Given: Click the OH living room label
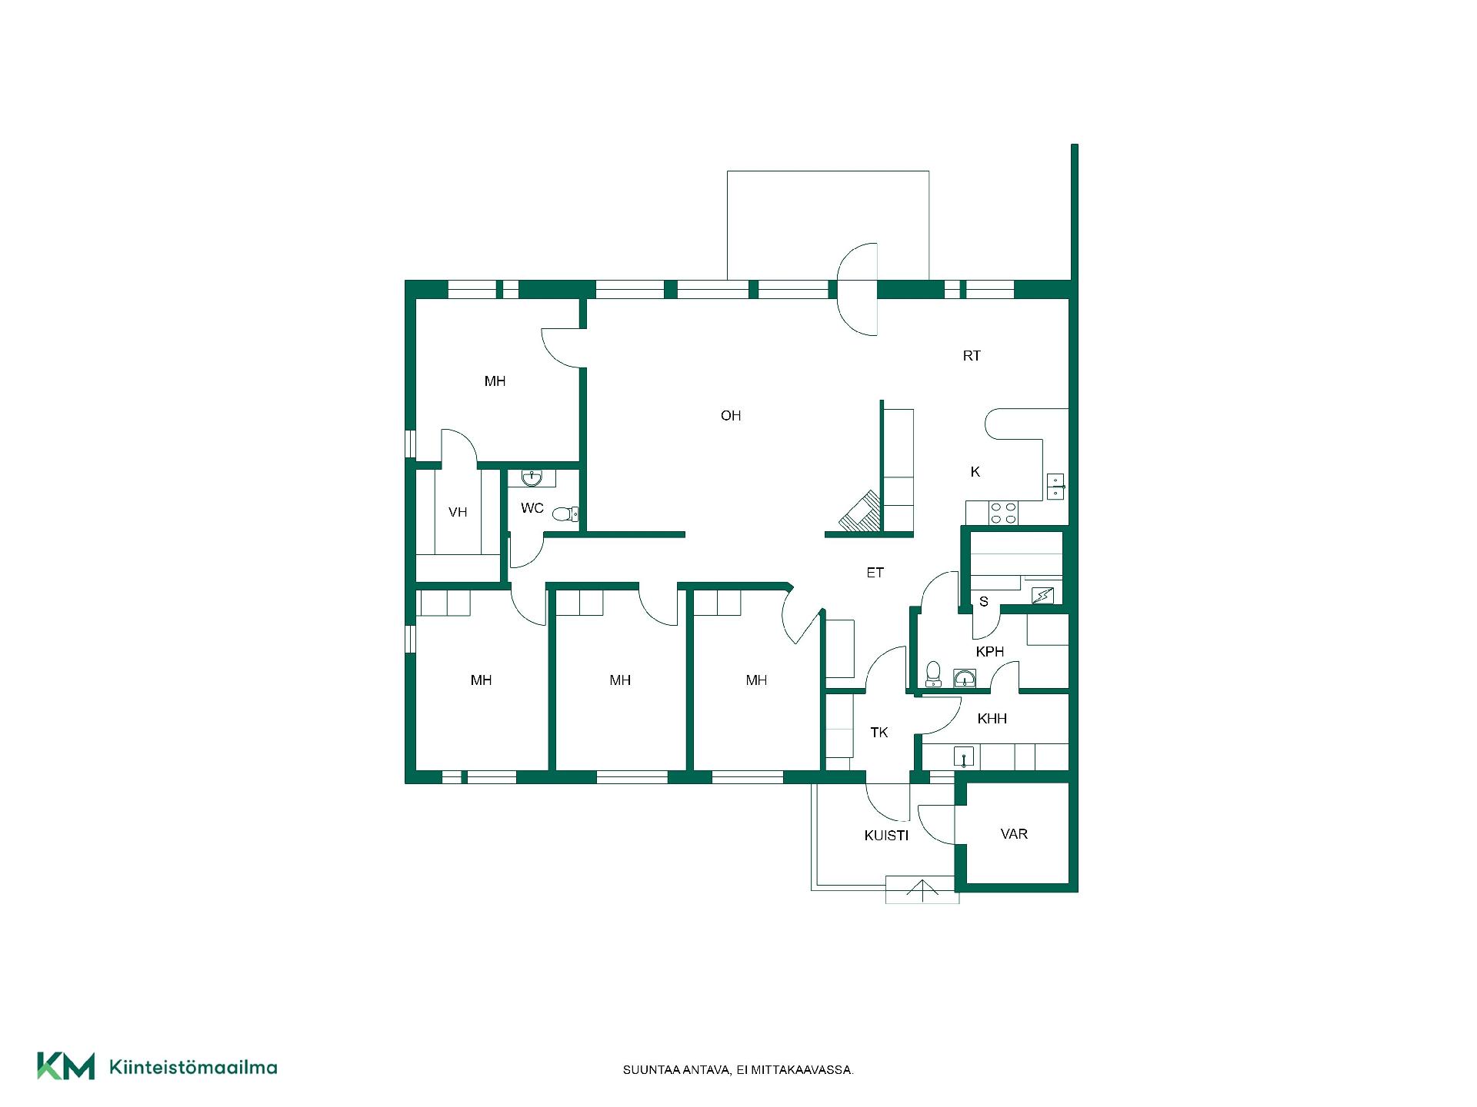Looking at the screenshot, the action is point(731,416).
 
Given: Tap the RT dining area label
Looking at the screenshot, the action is point(972,356).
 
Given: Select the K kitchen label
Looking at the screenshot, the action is point(975,472).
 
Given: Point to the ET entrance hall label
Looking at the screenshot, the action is point(875,573).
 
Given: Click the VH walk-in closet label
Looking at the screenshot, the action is point(458,512).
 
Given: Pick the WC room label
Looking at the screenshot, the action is point(532,508).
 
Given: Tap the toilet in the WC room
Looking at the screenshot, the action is point(565,514).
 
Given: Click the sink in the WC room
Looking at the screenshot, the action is point(532,478).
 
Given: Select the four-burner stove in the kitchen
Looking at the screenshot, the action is point(1003,513).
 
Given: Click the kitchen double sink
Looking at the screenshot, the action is point(1055,487).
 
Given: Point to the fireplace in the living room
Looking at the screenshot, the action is point(860,511).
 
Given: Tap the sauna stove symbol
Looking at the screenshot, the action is point(1042,595).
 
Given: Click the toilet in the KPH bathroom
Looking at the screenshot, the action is point(933,673).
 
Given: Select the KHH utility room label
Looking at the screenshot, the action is point(992,719).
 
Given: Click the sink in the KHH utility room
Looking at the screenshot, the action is point(964,757).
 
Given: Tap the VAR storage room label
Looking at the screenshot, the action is point(1014,834).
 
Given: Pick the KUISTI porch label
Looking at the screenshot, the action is point(887,836).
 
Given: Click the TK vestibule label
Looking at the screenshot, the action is point(879,733).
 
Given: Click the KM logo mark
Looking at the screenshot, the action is point(66,1066).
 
